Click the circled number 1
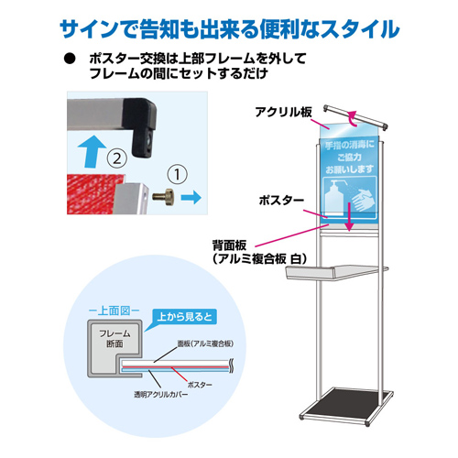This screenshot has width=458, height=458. [x=178, y=174]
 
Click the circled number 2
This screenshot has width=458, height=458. [x=117, y=158]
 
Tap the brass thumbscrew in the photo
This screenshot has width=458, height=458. [x=164, y=197]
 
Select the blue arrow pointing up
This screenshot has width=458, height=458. [x=92, y=151]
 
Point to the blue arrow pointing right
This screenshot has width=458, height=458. [x=191, y=197]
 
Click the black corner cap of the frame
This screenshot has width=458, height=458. [x=140, y=124]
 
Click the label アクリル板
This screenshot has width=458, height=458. [x=283, y=112]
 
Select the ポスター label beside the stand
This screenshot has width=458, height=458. [x=281, y=201]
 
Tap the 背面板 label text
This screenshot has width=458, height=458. [x=229, y=245]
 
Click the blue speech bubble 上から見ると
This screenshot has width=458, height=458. [x=184, y=317]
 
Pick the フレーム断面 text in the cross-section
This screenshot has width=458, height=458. [x=114, y=339]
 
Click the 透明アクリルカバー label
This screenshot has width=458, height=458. [x=160, y=395]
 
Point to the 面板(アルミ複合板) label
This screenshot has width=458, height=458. [x=206, y=343]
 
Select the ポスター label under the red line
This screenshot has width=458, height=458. [x=200, y=385]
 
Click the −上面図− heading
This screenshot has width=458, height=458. [x=114, y=311]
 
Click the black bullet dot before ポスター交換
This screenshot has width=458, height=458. [x=70, y=59]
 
